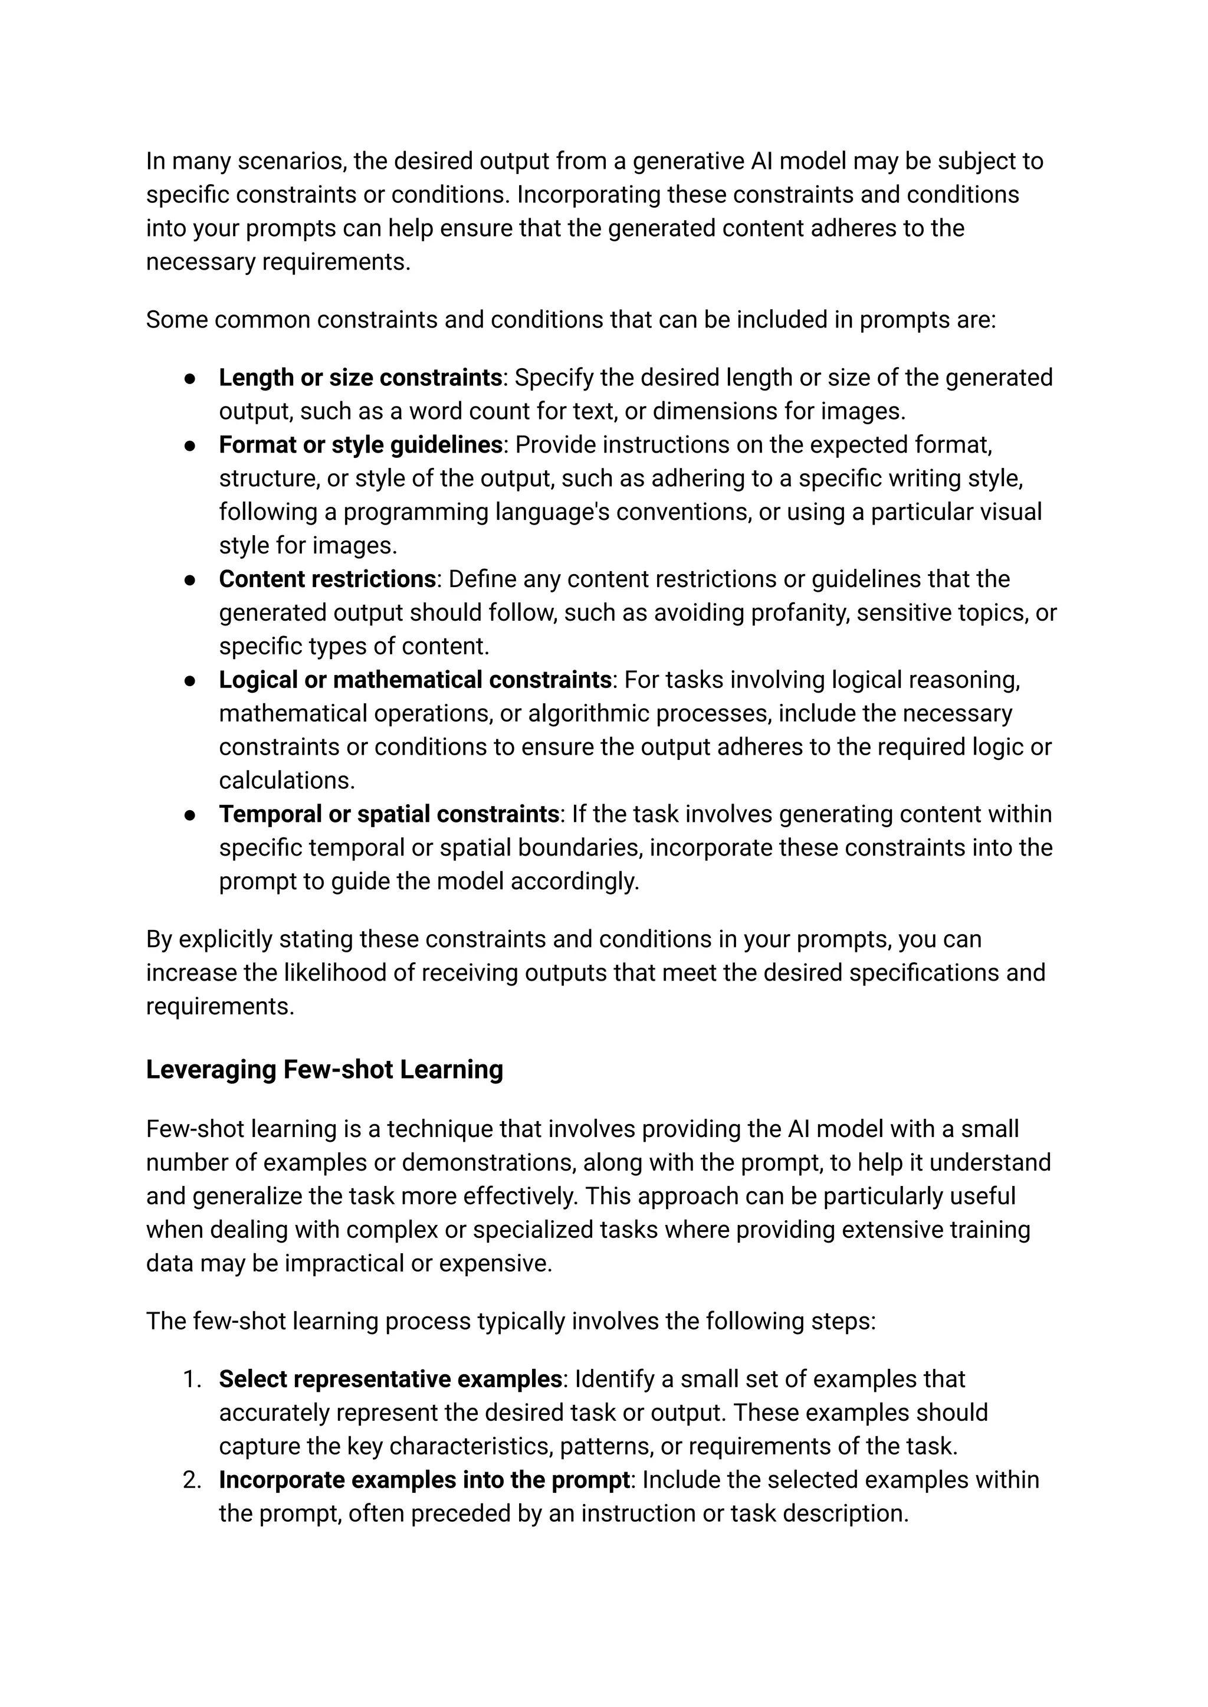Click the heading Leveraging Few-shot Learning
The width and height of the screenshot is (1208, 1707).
click(x=324, y=1070)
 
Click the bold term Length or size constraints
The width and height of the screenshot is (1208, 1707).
click(x=360, y=378)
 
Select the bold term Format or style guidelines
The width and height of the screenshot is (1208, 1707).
click(x=360, y=445)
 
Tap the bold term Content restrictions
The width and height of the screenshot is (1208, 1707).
click(x=327, y=579)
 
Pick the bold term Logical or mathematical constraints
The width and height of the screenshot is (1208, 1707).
click(x=414, y=680)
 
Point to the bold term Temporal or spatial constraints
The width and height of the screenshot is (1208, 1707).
click(x=388, y=814)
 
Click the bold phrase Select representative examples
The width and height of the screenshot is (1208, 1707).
click(x=390, y=1379)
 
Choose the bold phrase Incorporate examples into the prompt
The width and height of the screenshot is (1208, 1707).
click(x=424, y=1479)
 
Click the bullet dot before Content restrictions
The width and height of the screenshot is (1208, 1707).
click(x=191, y=579)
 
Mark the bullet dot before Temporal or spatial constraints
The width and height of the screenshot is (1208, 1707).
click(x=191, y=815)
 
